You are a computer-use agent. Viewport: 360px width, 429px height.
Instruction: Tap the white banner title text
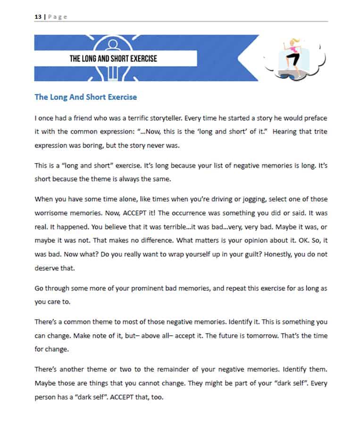(x=113, y=58)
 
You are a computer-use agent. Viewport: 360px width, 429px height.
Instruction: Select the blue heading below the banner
(x=85, y=97)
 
